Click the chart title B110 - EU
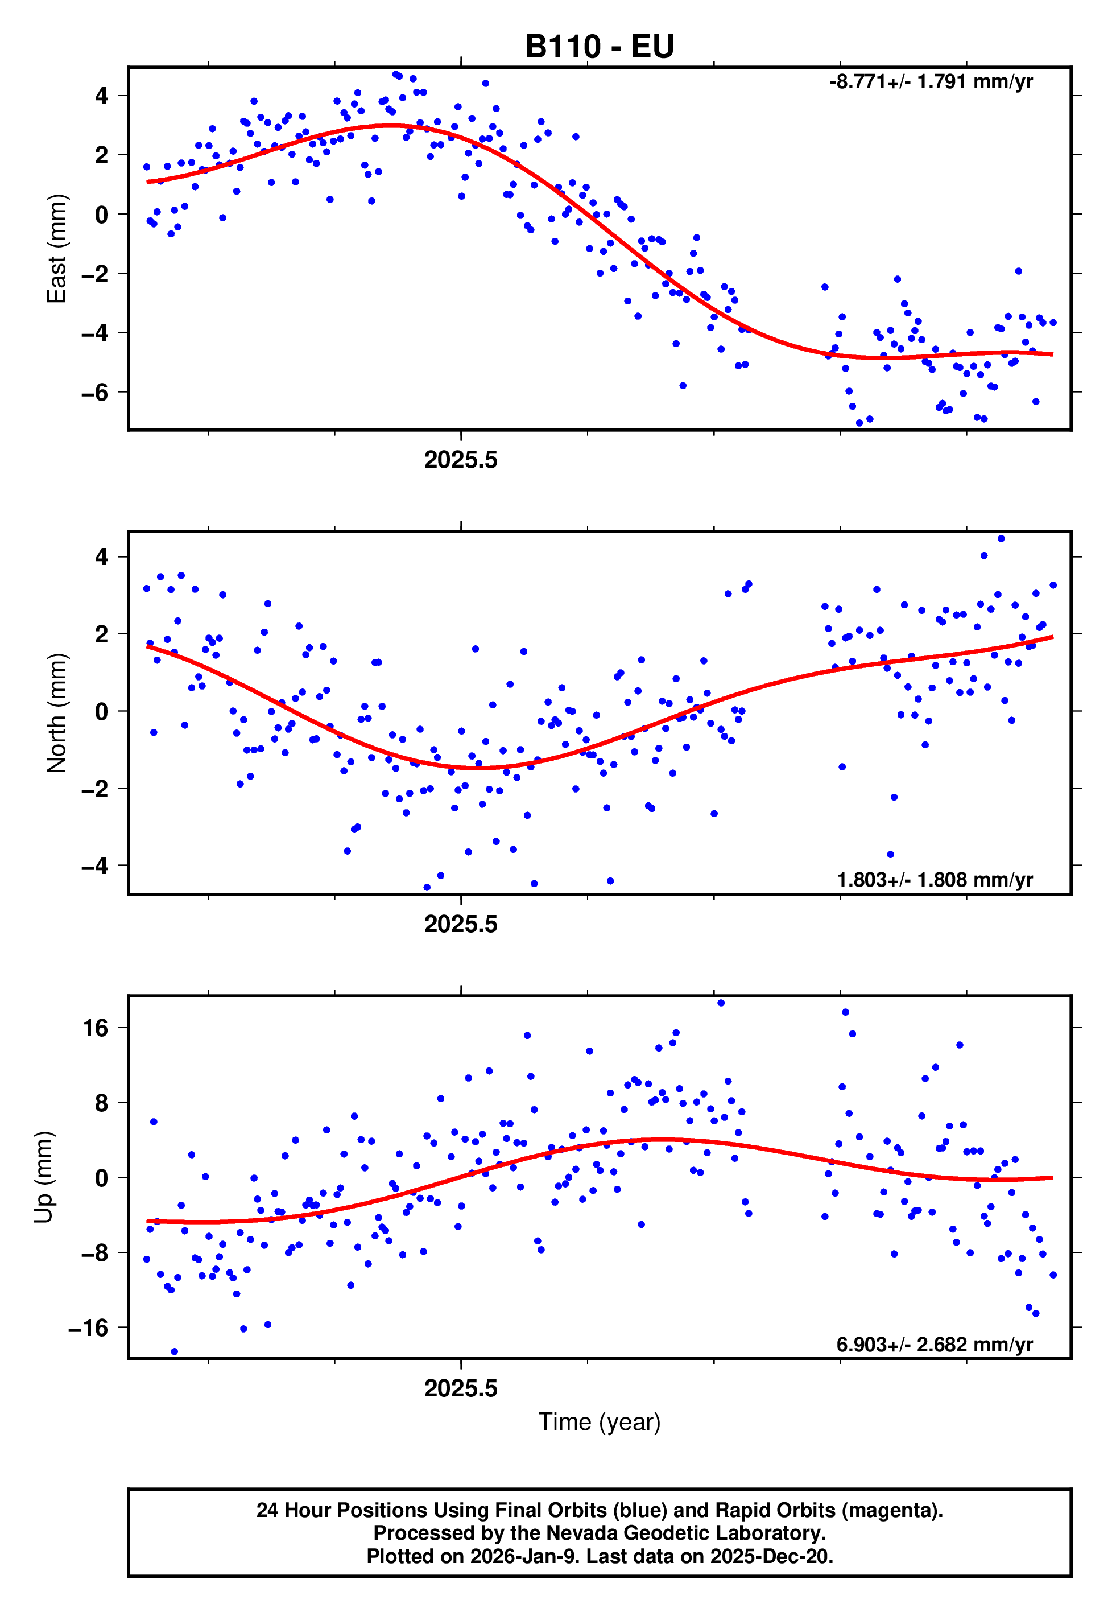600,47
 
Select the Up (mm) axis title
43,1177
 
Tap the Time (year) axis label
600,1422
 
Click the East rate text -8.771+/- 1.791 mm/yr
931,82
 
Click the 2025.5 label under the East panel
461,460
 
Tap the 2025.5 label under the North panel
461,925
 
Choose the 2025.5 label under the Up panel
461,1389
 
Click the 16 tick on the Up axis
96,1028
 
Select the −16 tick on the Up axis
88,1327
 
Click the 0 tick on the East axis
101,215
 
